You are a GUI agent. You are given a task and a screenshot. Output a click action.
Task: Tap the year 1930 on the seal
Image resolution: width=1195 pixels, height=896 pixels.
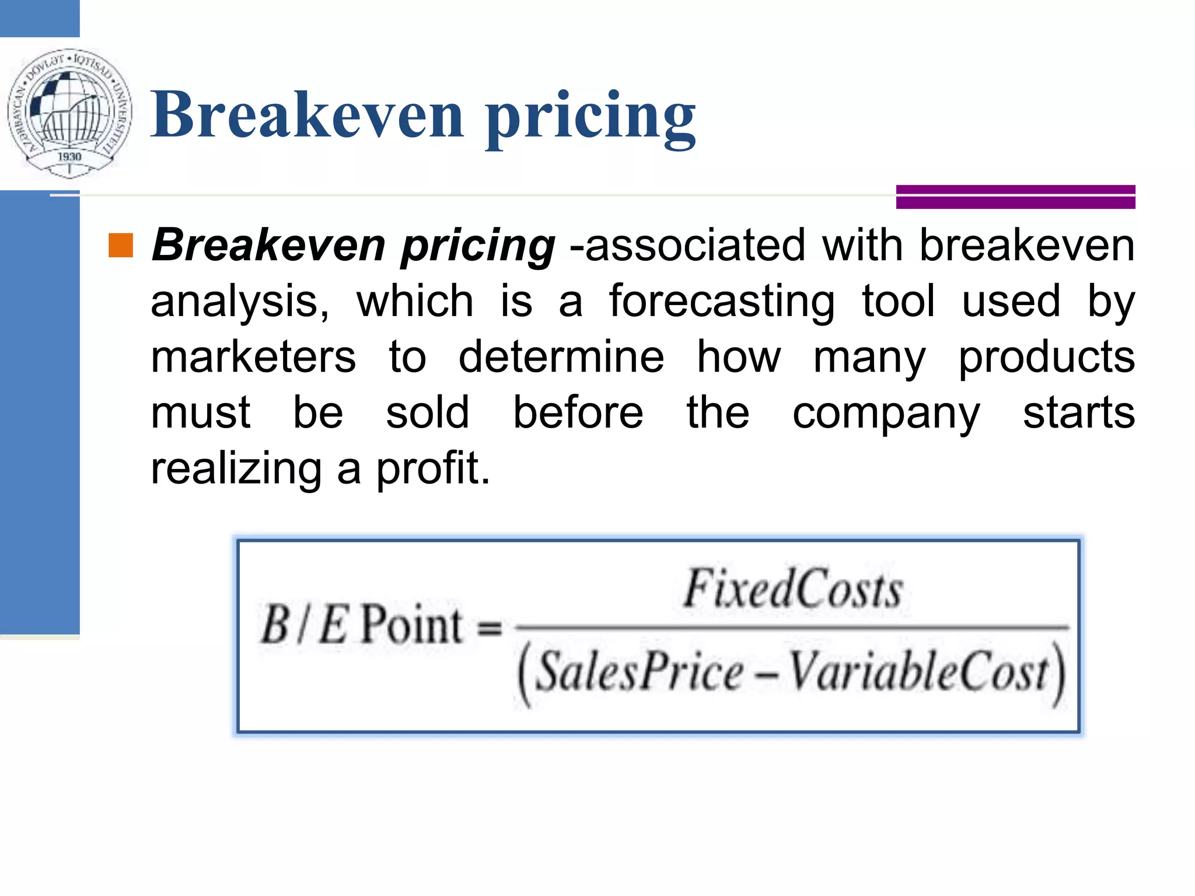tap(69, 156)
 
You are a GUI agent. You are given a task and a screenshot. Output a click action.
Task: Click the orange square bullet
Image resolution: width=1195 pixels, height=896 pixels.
tap(121, 246)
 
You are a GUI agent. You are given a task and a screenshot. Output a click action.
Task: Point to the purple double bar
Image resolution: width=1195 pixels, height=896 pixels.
tap(1015, 197)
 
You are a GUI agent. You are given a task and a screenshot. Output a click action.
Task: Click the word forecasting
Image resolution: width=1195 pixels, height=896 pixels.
tap(722, 302)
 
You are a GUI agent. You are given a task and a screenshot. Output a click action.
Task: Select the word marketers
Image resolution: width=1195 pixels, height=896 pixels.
tap(253, 357)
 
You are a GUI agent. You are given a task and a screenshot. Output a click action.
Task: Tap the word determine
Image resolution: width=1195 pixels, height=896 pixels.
tap(561, 357)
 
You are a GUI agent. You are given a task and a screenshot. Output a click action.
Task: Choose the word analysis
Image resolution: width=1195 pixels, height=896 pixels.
tap(240, 302)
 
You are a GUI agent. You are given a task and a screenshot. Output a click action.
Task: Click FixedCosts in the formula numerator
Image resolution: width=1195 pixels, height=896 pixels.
tap(794, 589)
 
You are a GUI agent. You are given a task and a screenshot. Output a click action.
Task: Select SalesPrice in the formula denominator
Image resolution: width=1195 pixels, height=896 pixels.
tap(640, 673)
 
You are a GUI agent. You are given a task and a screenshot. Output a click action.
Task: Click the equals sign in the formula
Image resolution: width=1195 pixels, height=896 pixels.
tap(490, 628)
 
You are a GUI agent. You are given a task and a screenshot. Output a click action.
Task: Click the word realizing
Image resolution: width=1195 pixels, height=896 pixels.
tap(236, 469)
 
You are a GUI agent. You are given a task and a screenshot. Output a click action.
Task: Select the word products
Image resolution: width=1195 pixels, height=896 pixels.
tap(1047, 357)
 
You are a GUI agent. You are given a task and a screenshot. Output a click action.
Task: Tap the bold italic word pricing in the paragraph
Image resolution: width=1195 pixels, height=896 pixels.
tap(478, 246)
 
